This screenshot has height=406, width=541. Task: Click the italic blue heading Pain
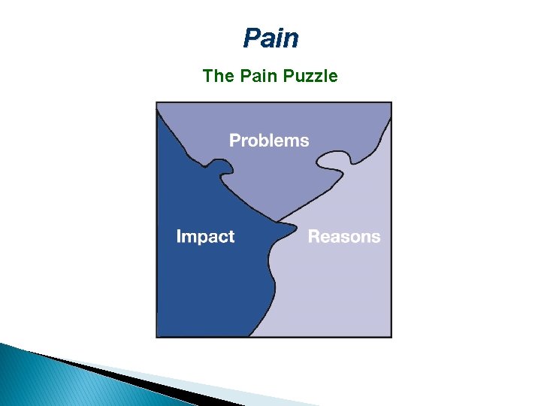270,38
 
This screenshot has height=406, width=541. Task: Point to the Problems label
269,141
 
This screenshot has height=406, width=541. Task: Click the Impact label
205,237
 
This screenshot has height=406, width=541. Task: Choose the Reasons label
344,237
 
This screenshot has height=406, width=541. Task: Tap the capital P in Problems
234,141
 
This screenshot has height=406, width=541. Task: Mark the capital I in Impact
179,237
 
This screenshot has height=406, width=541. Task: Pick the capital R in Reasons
313,237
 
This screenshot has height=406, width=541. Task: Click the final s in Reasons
376,238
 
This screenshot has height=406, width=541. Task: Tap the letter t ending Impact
231,237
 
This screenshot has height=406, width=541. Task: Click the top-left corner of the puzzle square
156,102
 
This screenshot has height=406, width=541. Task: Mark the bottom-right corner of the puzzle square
391,336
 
